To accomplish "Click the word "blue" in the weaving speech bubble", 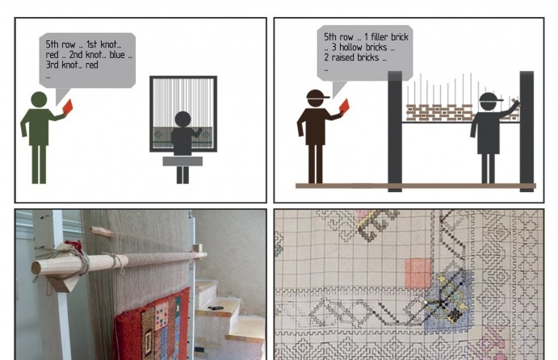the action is click(117, 54).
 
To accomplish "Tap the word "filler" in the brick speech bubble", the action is click(380, 36).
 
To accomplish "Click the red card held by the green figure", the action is click(68, 107).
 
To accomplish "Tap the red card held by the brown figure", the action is click(344, 106).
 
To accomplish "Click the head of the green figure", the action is click(39, 99).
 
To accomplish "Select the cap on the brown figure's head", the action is click(317, 94).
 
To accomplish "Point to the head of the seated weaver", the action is click(183, 119).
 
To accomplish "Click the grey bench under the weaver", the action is click(183, 161).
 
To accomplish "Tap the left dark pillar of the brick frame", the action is click(395, 132).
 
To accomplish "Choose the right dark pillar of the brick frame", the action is click(527, 132).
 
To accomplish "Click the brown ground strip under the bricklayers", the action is click(416, 186).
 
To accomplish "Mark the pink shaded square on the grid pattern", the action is click(417, 273).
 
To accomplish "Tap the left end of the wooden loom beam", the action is click(36, 268).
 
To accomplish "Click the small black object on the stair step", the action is click(216, 308).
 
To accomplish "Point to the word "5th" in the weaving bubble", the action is click(52, 44).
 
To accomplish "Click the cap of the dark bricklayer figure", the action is click(491, 97).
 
